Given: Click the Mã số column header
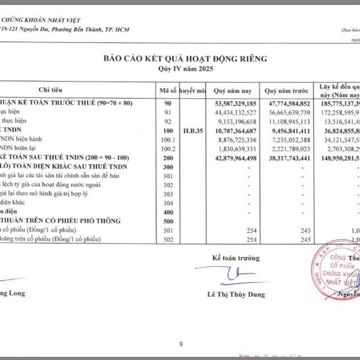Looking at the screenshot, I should click(x=166, y=90).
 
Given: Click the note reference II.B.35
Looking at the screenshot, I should click(x=193, y=130).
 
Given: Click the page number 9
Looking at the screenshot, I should click(x=180, y=328).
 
